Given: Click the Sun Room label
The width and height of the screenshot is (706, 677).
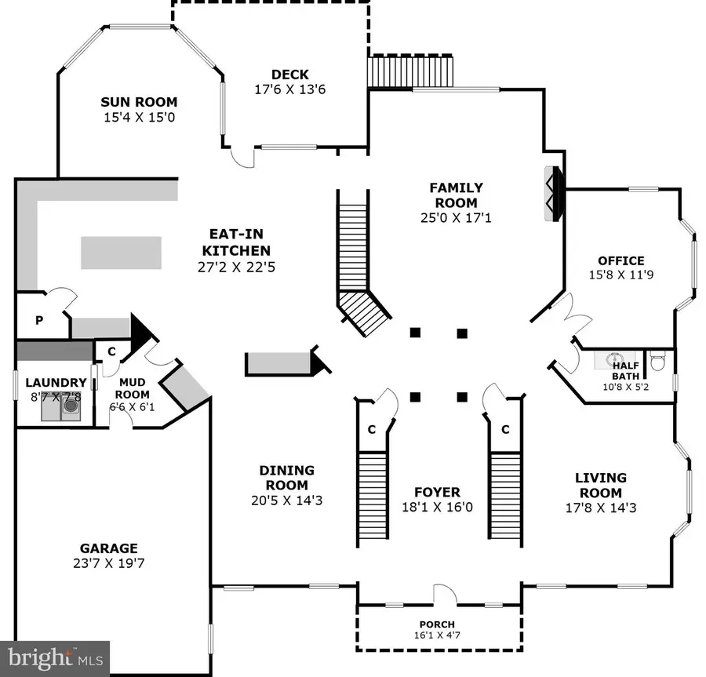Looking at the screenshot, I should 139,102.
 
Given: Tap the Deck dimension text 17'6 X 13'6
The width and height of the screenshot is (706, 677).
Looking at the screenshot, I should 290,89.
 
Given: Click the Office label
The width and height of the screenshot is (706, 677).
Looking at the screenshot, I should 620,260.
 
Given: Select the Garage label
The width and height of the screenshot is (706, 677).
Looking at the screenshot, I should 108,548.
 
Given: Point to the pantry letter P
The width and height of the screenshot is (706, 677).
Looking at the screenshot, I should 38,320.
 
